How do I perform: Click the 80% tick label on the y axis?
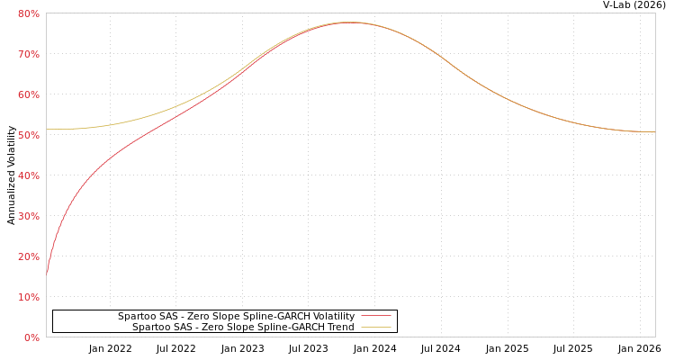pos(28,13)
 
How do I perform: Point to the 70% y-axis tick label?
pos(28,54)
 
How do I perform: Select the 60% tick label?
pos(28,94)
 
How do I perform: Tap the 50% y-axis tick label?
pos(28,135)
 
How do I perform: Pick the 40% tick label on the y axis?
pos(28,175)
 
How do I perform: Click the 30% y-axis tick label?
pos(28,216)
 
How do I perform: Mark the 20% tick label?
pos(28,256)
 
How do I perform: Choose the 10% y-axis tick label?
pos(28,297)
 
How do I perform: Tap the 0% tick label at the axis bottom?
pos(31,337)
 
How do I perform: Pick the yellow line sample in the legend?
pos(376,328)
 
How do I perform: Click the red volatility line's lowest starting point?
pos(47,274)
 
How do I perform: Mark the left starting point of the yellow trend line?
pos(47,129)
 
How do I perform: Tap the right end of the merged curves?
pos(654,132)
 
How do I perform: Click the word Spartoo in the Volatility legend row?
pos(136,317)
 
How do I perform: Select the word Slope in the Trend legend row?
pos(234,328)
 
